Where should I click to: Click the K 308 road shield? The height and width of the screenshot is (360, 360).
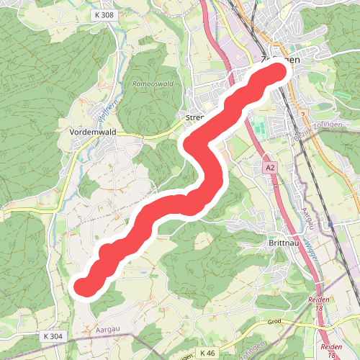(103, 14)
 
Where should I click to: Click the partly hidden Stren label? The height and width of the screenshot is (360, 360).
(195, 117)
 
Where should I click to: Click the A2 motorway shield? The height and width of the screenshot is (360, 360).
(270, 167)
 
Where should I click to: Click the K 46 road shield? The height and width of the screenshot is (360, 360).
(208, 352)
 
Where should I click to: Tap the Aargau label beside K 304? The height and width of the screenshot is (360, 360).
(106, 329)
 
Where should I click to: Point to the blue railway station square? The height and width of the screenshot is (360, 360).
(330, 224)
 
